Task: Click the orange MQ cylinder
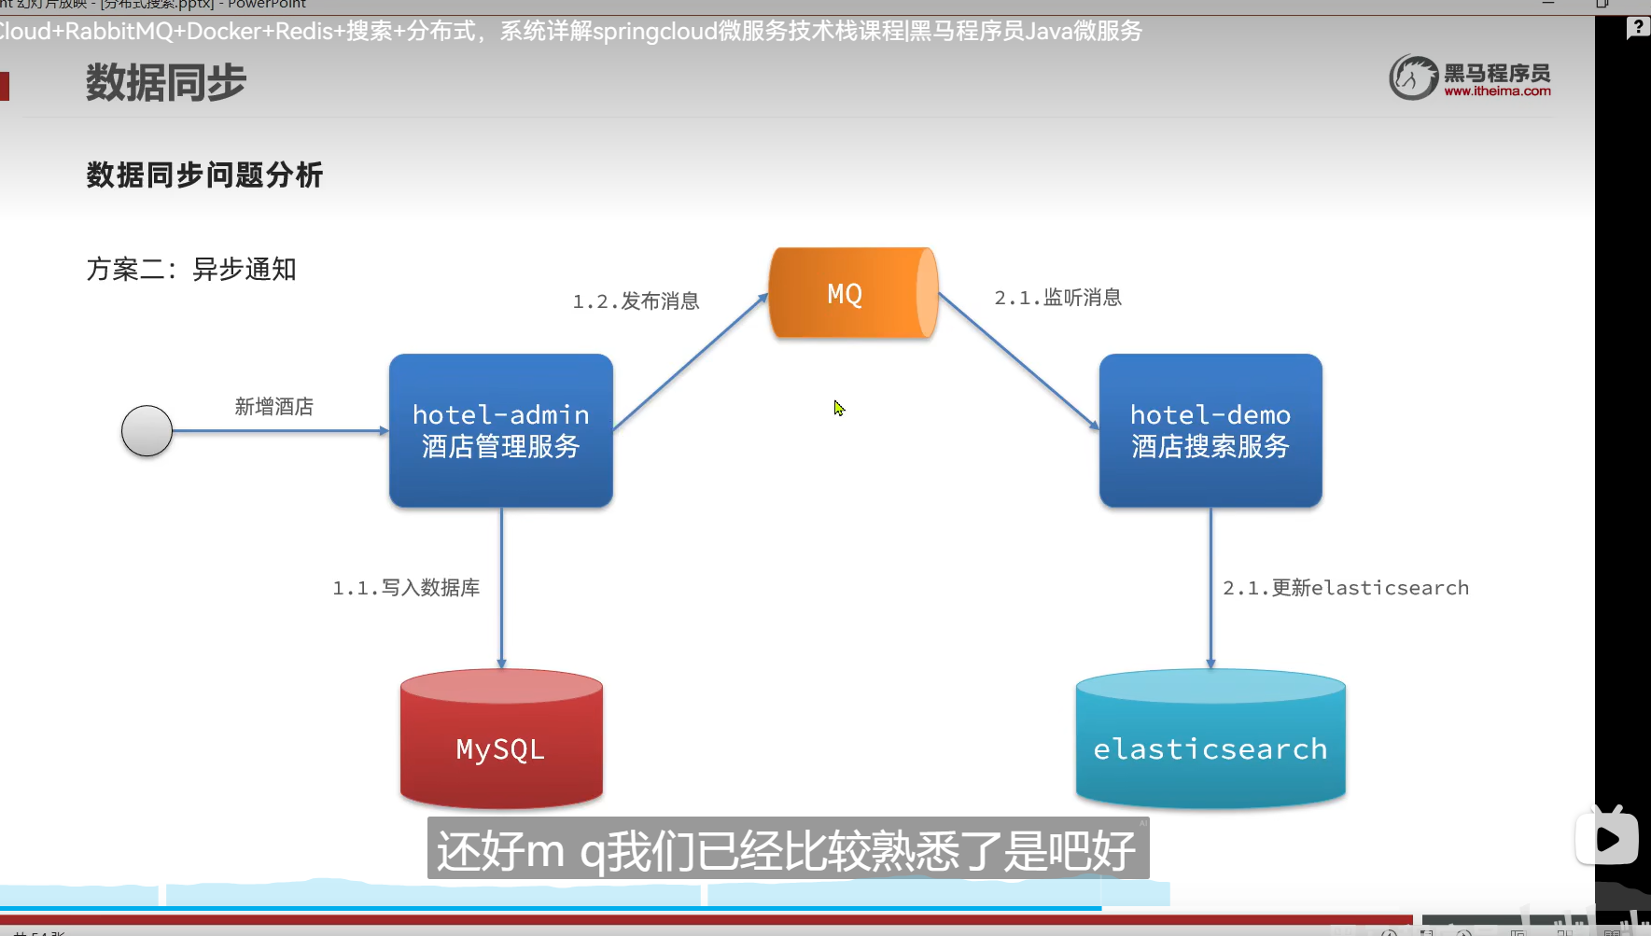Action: click(852, 293)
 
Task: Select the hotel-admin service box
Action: click(500, 430)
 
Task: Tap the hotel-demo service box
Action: click(1210, 430)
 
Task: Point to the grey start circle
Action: click(147, 431)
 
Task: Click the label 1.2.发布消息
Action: click(636, 301)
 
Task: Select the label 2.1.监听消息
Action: click(1057, 298)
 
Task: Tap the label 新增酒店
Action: click(273, 407)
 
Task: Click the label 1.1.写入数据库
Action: click(406, 588)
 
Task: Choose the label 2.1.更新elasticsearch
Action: click(1345, 588)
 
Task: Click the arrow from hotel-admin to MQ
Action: click(691, 361)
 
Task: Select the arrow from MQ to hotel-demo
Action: click(1018, 361)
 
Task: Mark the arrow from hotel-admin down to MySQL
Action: click(501, 588)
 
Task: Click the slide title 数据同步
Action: click(166, 83)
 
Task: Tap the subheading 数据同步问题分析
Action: click(204, 175)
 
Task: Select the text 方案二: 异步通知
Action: click(191, 270)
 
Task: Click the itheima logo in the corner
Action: click(1469, 77)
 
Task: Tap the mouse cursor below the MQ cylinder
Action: click(839, 408)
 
